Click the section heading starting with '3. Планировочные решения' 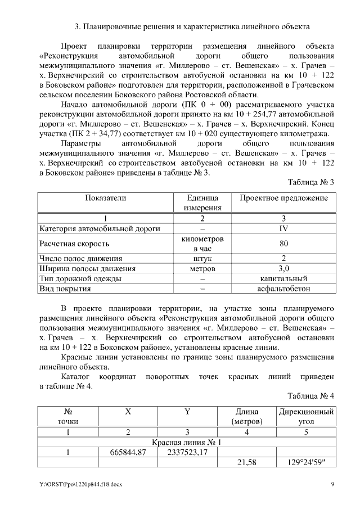click(192, 27)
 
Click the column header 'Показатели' click(106, 198)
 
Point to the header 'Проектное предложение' click(283, 198)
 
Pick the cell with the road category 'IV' click(283, 228)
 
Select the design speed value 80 click(283, 244)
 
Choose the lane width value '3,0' click(283, 269)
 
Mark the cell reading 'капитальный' click(283, 279)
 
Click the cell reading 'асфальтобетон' click(283, 289)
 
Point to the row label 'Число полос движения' click(80, 259)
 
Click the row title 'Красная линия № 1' click(186, 442)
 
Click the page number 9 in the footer click(332, 484)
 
